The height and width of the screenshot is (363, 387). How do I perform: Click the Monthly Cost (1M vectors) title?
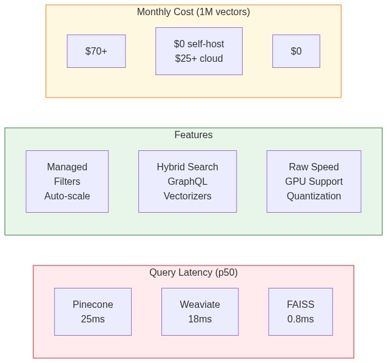pos(193,12)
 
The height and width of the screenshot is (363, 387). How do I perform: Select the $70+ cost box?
pos(96,52)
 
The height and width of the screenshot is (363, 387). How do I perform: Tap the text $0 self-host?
pos(198,44)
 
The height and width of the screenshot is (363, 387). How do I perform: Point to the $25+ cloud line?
pos(198,59)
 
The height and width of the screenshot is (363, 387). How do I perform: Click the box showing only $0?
pos(296,52)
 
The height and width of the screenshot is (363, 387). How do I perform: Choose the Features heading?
pos(193,135)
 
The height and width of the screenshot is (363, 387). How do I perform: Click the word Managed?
pos(67,167)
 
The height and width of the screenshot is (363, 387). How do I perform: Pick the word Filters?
pos(67,182)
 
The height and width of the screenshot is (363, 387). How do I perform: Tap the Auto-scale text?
pos(67,196)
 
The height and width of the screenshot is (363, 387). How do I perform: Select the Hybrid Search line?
pos(187,167)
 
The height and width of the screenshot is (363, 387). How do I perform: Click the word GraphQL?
pos(187,182)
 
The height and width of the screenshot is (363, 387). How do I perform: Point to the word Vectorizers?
pos(187,196)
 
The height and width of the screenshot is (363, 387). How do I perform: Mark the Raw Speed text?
pos(314,167)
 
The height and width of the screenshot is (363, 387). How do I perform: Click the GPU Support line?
pos(314,182)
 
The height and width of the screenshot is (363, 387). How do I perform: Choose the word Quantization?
pos(314,196)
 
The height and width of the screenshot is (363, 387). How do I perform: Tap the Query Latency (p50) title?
pos(193,273)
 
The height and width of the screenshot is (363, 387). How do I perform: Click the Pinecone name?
pos(93,305)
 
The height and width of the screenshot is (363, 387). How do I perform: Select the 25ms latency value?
pos(93,319)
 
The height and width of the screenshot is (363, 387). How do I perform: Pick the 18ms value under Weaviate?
pos(200,319)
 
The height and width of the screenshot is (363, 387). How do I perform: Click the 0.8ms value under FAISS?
pos(300,319)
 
